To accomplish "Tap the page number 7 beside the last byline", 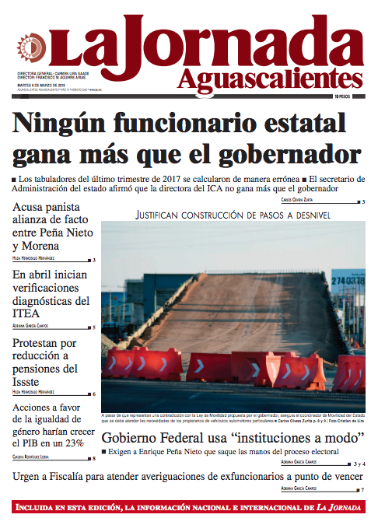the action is coord(362,489).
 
